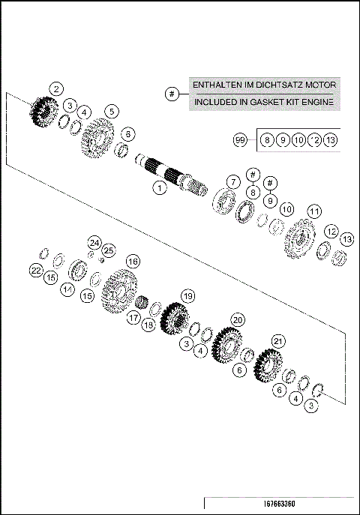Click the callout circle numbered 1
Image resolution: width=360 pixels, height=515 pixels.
[x=159, y=188]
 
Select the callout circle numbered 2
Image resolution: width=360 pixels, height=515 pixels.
[x=56, y=88]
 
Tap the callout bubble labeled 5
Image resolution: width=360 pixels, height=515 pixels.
[x=111, y=112]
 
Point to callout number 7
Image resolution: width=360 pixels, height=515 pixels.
[x=234, y=182]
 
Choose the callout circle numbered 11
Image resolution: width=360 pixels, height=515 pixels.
[x=314, y=211]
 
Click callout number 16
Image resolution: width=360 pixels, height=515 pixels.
[x=132, y=261]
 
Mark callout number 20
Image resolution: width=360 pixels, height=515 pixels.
[x=238, y=319]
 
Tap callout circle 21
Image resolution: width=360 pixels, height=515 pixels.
[x=278, y=342]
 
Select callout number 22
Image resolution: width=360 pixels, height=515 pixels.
[x=36, y=270]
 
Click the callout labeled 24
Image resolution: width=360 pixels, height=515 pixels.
[x=94, y=242]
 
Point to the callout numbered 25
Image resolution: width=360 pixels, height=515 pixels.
[x=109, y=250]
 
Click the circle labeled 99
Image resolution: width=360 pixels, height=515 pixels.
[x=240, y=140]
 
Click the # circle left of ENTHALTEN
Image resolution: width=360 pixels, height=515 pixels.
[x=172, y=94]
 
